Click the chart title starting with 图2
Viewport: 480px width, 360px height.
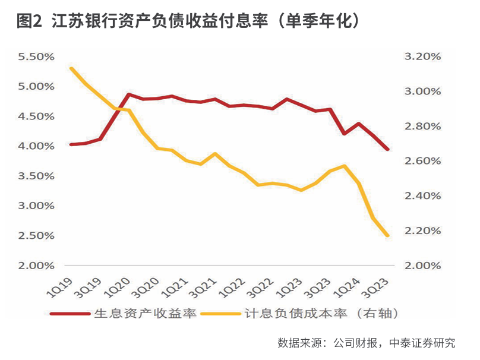pos(189,22)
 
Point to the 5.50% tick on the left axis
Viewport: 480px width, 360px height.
pos(36,57)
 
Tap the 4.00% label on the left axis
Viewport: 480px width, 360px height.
pos(36,146)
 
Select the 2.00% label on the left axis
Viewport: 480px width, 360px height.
pos(36,266)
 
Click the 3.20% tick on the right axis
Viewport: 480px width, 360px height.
pos(422,57)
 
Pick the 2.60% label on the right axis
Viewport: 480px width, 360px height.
pos(422,161)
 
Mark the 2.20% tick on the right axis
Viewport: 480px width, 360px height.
pos(422,230)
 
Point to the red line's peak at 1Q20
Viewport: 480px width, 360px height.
pos(129,94)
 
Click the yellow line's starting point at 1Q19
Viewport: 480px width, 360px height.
pos(71,68)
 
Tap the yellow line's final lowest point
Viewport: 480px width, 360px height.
pos(388,236)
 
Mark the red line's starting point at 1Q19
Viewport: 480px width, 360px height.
pos(71,144)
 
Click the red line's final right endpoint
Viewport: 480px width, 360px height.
pos(388,149)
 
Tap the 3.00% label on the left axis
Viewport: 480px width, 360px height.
pos(36,206)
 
